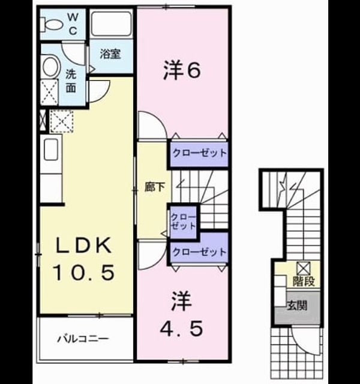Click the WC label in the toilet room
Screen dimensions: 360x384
[73, 24]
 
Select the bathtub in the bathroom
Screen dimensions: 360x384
[111, 24]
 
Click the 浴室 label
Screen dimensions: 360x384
[110, 53]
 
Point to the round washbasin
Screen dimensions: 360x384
[52, 67]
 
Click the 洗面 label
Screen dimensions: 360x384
[71, 81]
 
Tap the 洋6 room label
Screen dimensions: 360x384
[182, 70]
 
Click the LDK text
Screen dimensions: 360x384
[83, 245]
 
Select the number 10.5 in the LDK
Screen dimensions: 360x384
[84, 272]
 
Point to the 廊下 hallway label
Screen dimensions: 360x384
[155, 187]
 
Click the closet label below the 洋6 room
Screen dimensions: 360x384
[199, 153]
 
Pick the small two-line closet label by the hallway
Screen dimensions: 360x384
[183, 221]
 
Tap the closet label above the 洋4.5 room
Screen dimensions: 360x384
[199, 252]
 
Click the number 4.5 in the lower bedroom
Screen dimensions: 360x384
[181, 328]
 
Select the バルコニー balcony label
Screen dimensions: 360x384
[83, 339]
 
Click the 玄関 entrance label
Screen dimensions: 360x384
[297, 305]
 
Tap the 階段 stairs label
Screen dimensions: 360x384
[304, 281]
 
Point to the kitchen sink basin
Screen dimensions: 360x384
[51, 149]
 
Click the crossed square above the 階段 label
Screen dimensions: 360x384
[304, 268]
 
